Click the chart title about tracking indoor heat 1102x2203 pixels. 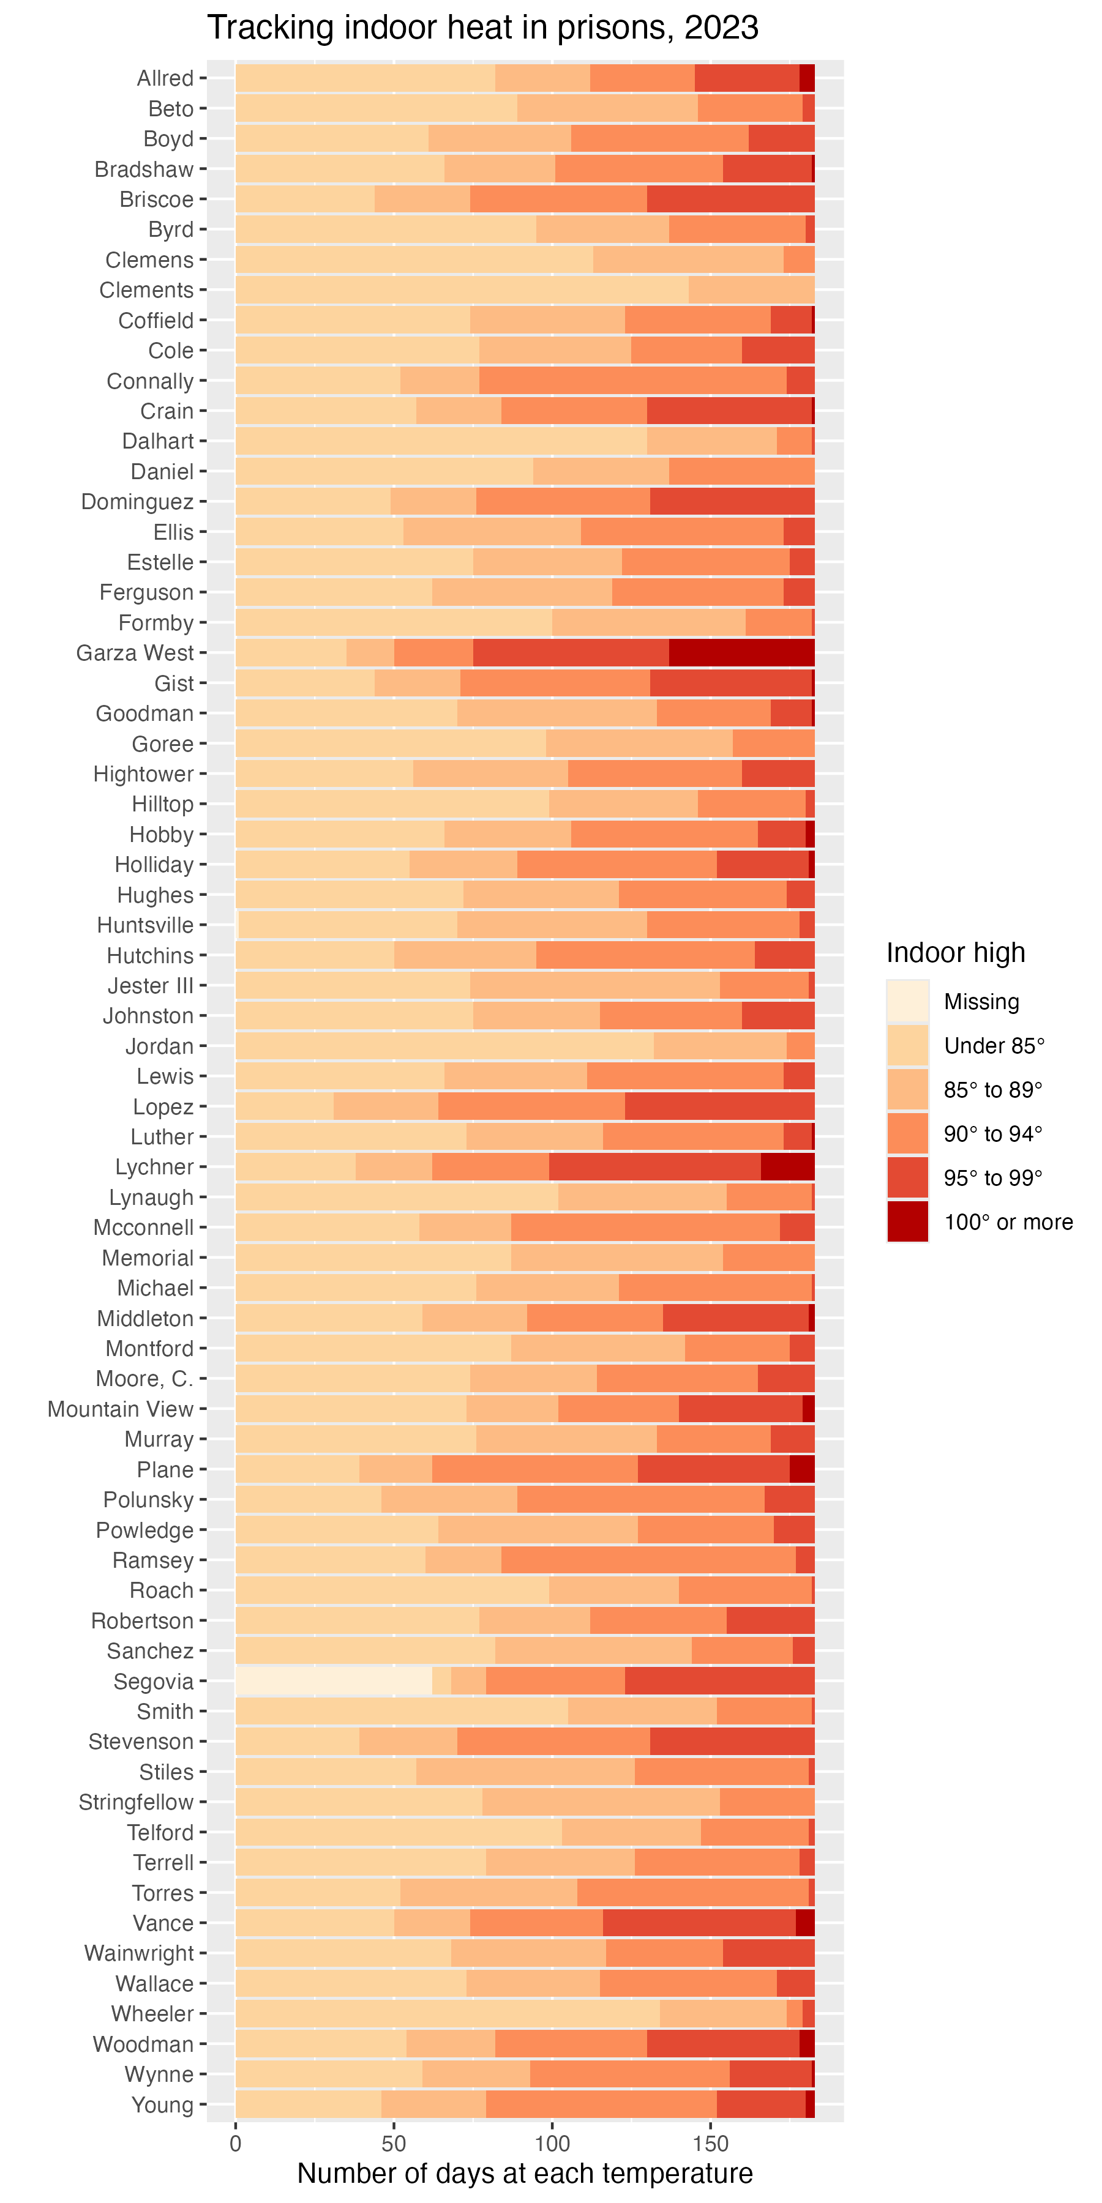coord(482,28)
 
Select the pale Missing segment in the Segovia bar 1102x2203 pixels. coord(334,1682)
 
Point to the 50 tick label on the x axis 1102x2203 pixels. coord(394,2144)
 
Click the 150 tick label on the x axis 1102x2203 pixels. coord(710,2144)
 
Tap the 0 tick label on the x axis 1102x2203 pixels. coord(235,2144)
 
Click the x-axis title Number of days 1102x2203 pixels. coord(525,2173)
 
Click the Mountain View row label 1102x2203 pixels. coord(121,1409)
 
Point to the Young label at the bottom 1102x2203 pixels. coord(163,2104)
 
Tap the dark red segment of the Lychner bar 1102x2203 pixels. coord(787,1166)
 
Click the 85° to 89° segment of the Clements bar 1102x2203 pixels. coord(751,290)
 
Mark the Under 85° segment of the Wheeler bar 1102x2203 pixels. coord(447,2014)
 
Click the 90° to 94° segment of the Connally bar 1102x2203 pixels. coord(632,381)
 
